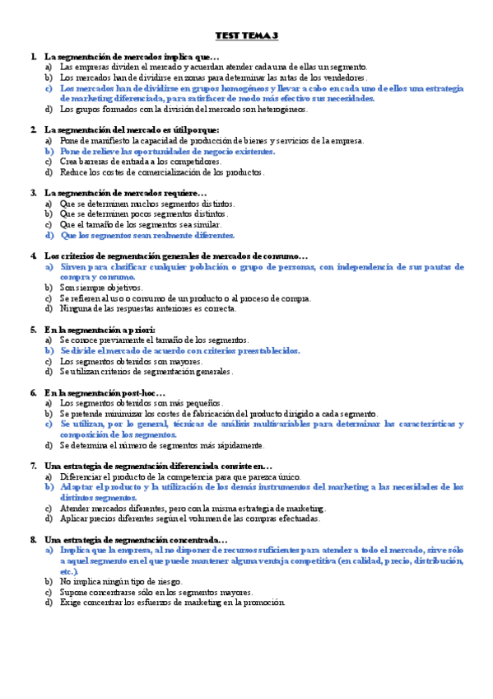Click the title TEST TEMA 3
click(x=246, y=36)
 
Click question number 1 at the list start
click(x=33, y=56)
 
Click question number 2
click(x=33, y=129)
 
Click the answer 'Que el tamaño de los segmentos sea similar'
click(x=140, y=224)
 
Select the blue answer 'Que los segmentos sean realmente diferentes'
click(x=147, y=235)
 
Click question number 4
click(x=33, y=256)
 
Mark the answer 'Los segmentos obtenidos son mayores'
click(x=132, y=361)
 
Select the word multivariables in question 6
click(x=294, y=424)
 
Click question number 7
click(x=33, y=466)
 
